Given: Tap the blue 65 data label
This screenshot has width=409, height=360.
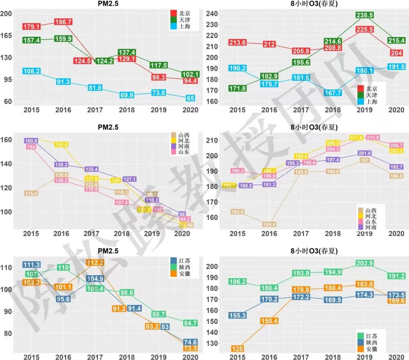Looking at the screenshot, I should point(191,99).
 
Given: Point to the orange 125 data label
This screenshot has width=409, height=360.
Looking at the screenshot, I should point(238,349).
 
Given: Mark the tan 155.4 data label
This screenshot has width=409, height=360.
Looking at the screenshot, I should point(270,224).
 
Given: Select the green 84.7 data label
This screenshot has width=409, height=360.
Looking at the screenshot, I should point(190,323).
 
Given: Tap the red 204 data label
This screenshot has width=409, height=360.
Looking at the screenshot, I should point(396,53).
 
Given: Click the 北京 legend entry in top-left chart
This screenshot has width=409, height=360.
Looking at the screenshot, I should point(184,13).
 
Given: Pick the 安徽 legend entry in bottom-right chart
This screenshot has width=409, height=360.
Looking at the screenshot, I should point(371,349).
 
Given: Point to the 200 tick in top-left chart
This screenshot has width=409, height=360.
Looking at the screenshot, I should point(7,13).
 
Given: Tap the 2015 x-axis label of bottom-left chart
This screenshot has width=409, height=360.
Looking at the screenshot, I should point(31,357).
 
